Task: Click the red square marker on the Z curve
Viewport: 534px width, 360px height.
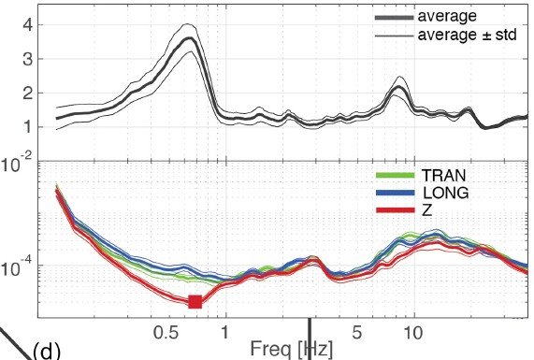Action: [195, 301]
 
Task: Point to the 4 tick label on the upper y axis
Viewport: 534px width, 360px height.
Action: [28, 25]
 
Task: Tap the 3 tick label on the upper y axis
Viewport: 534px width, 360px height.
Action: [28, 59]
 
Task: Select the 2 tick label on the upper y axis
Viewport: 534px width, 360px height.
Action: [28, 93]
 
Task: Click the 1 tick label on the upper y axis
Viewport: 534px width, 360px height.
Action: [28, 127]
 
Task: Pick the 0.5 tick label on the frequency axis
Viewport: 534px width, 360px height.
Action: [166, 333]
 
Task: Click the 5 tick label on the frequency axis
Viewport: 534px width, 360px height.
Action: [356, 333]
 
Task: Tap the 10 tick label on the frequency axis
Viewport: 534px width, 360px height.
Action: [413, 333]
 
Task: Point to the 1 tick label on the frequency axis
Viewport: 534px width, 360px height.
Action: [224, 333]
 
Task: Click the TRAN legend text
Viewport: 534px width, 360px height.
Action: [443, 175]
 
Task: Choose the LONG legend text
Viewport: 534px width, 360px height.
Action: [446, 194]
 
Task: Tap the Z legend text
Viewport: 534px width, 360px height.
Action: [427, 211]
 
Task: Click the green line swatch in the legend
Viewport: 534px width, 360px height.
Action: [395, 175]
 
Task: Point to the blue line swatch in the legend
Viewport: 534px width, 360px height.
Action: [395, 194]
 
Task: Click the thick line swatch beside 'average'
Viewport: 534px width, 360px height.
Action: [395, 18]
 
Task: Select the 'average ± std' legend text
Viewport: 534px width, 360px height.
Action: [467, 35]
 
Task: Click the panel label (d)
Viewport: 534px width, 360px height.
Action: [47, 351]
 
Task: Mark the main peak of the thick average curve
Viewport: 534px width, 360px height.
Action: [189, 38]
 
